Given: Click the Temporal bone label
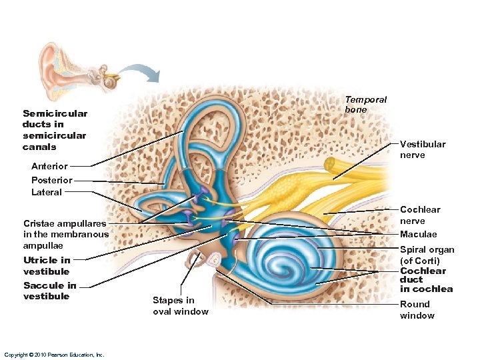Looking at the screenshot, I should point(365,105).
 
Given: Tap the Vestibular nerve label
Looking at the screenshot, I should point(422,149).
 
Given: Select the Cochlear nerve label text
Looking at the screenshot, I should point(419,215).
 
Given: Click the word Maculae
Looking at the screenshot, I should point(418,234).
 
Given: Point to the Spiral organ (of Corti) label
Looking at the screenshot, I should point(427,255).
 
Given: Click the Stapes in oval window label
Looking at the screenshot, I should point(180,306).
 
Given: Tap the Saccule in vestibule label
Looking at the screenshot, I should point(49,291).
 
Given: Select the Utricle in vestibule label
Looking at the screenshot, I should point(46,265).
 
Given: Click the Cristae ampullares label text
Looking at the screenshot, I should point(65,234).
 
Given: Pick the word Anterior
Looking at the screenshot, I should point(49,166).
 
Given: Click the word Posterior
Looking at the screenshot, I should point(51,180).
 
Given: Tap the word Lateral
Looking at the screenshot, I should point(46,192).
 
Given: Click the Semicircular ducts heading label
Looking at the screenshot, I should point(55,130).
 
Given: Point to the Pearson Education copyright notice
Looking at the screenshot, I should point(53,355).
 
